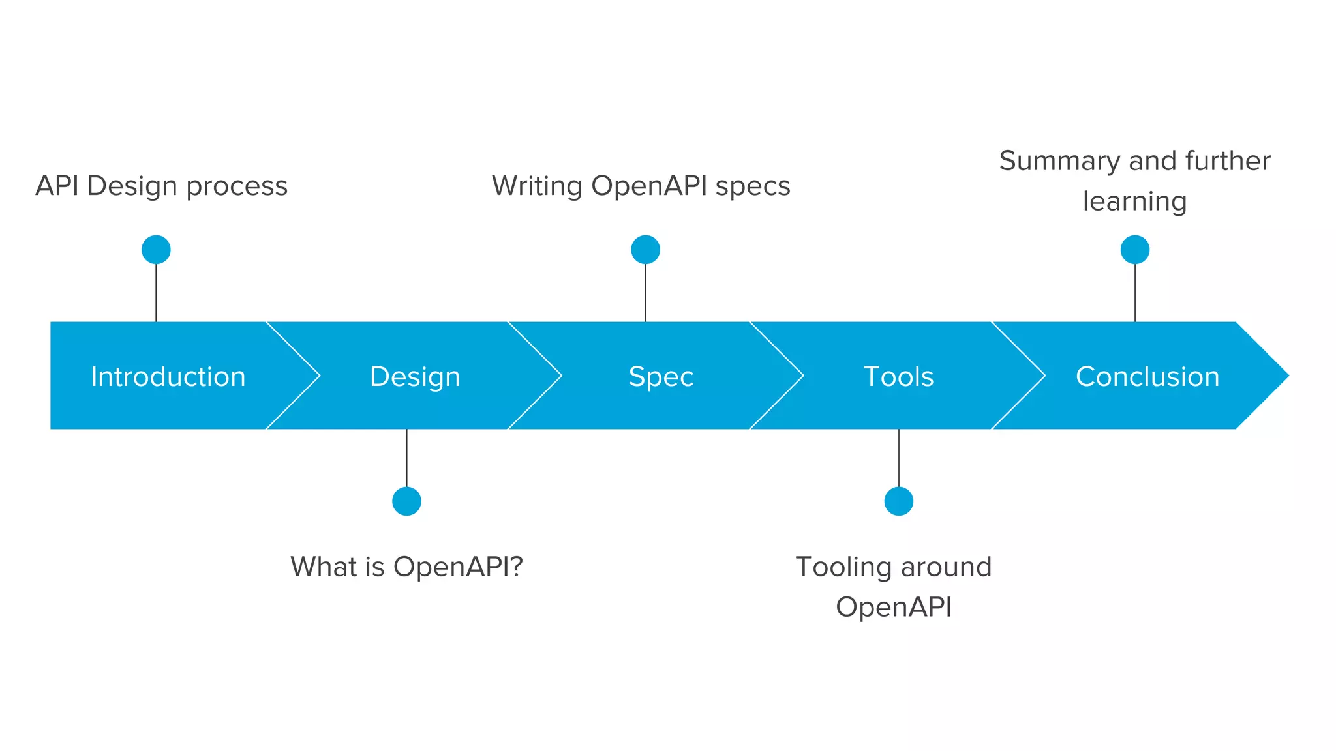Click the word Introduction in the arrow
tap(168, 377)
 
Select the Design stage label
tap(415, 377)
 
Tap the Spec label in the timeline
tap(661, 377)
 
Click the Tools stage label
tap(898, 377)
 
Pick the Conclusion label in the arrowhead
tap(1147, 377)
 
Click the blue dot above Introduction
tap(156, 250)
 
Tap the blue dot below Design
tap(406, 501)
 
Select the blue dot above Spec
tap(645, 250)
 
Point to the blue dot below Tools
tap(898, 501)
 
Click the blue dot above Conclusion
tap(1134, 250)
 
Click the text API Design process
tap(161, 186)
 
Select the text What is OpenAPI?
tap(406, 567)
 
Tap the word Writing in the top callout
tap(536, 186)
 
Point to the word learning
tap(1134, 201)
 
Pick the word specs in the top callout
tap(753, 186)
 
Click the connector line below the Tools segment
tap(898, 458)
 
